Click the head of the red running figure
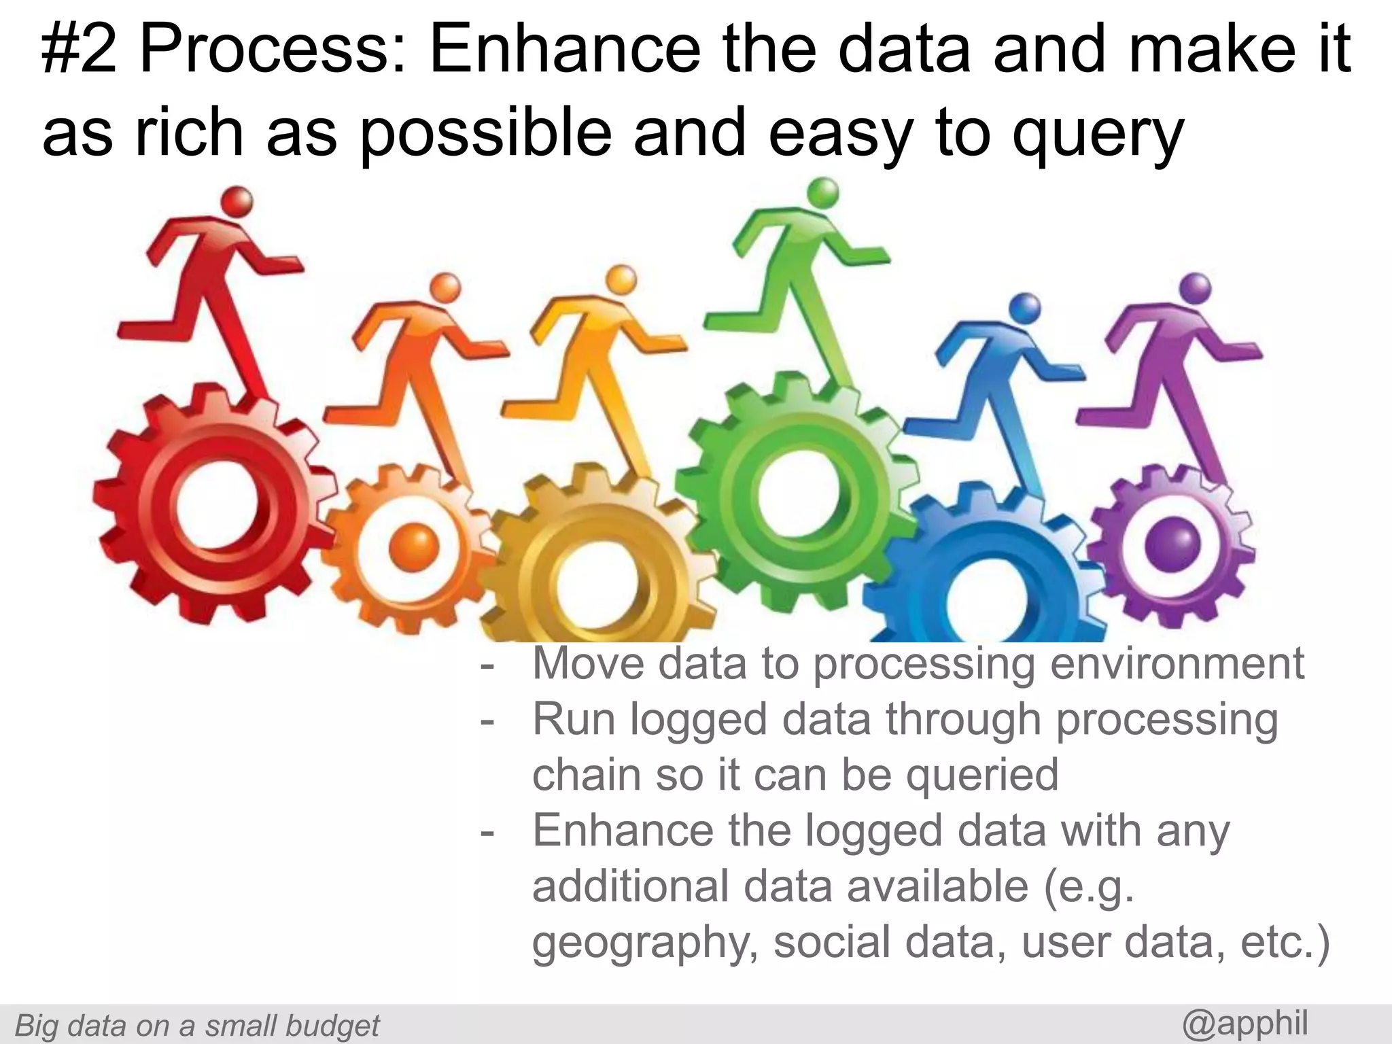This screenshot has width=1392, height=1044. [239, 202]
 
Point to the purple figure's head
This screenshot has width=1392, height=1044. [1196, 288]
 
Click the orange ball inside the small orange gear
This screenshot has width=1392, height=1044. [413, 548]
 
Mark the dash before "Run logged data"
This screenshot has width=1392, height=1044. [487, 720]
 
